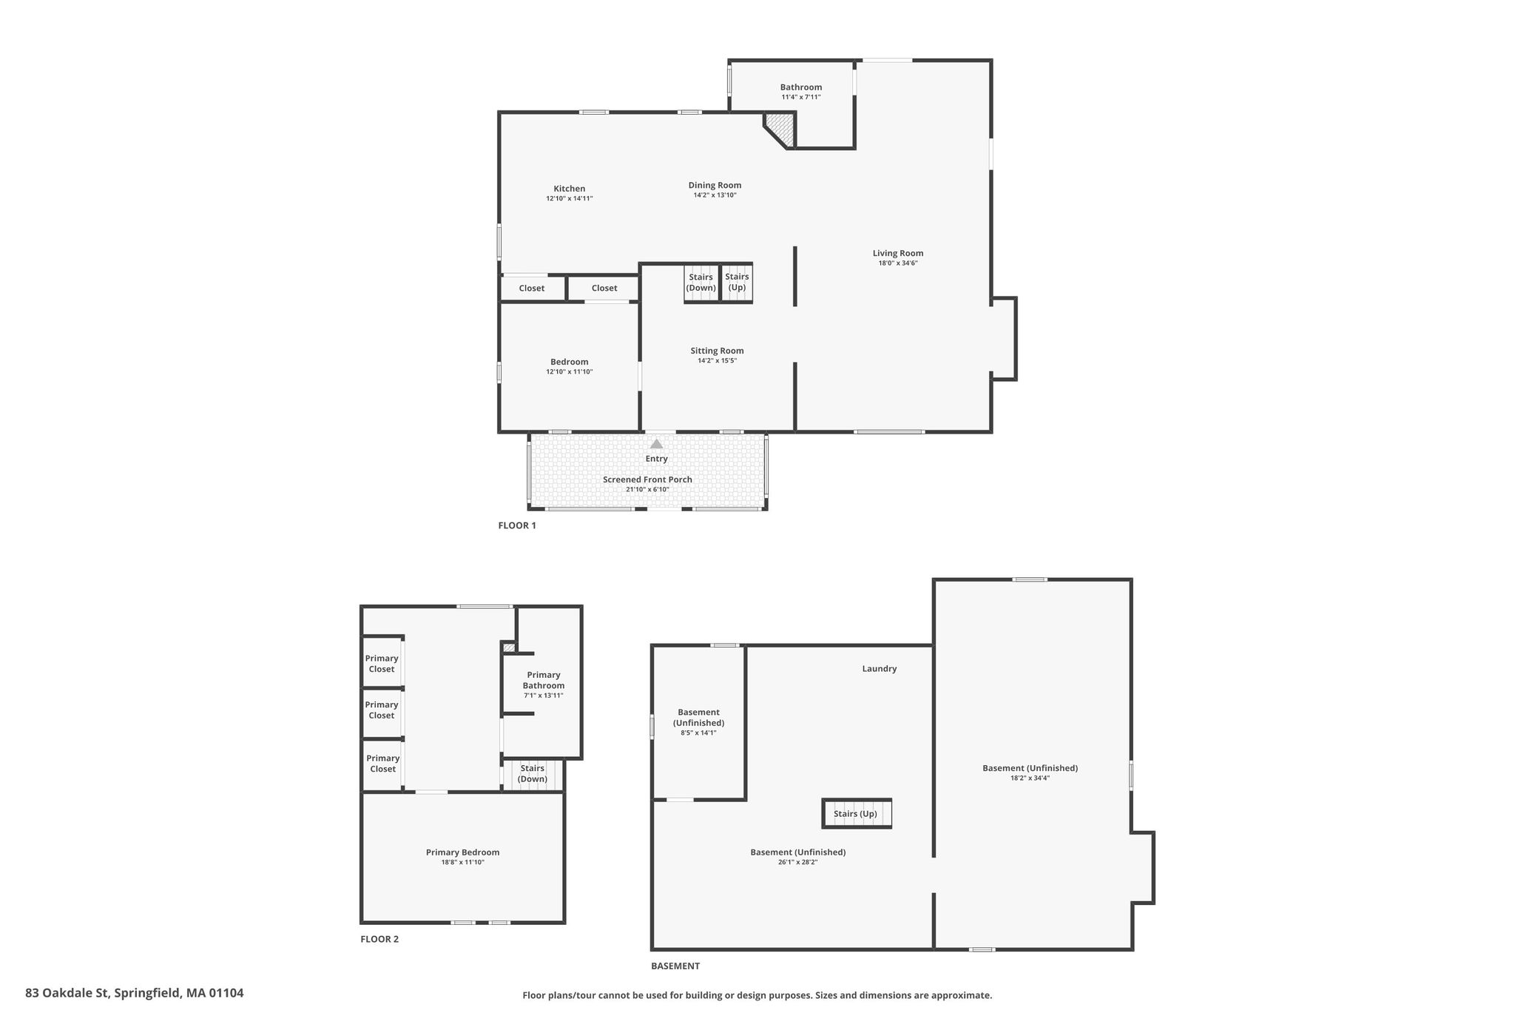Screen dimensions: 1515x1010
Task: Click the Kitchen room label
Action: (x=570, y=189)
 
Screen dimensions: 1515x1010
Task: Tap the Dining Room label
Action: (x=715, y=186)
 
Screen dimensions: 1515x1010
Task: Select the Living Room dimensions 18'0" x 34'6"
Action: (x=898, y=263)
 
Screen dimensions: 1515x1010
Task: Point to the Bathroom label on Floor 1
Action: (x=801, y=87)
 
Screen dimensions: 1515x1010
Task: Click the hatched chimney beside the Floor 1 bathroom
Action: (x=781, y=129)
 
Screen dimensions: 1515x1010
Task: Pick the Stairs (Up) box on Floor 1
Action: (x=737, y=283)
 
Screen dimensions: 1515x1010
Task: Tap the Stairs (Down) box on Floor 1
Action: (x=701, y=283)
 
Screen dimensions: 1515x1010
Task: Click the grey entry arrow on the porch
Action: (x=656, y=444)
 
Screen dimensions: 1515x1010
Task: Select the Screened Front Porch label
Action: (x=647, y=479)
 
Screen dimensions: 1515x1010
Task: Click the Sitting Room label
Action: (x=718, y=351)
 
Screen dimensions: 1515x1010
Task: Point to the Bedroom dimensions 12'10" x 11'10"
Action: (x=570, y=372)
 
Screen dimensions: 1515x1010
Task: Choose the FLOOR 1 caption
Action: (x=517, y=525)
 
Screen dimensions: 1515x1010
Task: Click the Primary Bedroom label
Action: (x=462, y=852)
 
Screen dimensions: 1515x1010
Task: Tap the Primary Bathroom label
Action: (x=544, y=680)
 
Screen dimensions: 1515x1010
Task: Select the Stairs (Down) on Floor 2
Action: (x=533, y=774)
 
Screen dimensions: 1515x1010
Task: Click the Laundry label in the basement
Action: (x=880, y=669)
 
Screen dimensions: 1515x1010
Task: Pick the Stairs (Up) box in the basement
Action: (x=857, y=813)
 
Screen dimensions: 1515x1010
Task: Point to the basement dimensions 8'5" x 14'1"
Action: (x=699, y=733)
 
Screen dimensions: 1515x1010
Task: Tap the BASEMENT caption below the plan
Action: (x=675, y=966)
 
